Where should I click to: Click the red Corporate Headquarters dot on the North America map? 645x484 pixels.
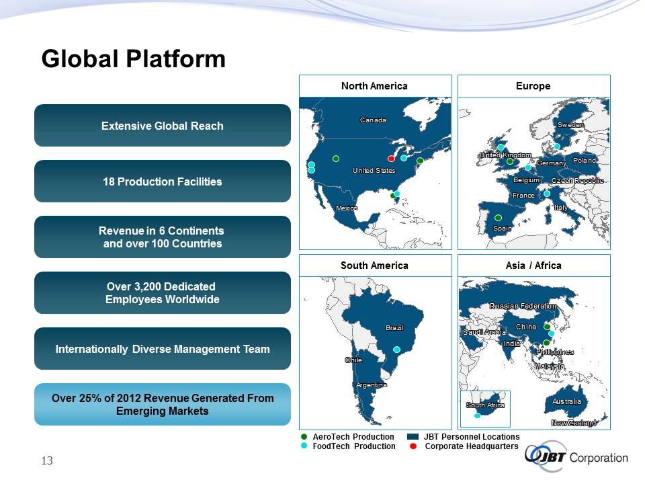pyautogui.click(x=391, y=159)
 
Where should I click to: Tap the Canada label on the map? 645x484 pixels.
pyautogui.click(x=373, y=120)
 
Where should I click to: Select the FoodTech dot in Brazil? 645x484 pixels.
pyautogui.click(x=396, y=350)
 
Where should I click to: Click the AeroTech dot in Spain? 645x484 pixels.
pyautogui.click(x=498, y=218)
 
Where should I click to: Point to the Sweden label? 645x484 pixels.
pyautogui.click(x=570, y=125)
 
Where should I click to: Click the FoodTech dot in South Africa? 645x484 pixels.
pyautogui.click(x=477, y=415)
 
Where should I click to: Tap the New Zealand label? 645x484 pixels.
pyautogui.click(x=574, y=423)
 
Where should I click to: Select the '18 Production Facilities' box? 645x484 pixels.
pyautogui.click(x=163, y=181)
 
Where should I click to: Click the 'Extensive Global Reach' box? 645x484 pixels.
pyautogui.click(x=163, y=126)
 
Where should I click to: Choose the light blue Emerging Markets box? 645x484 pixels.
pyautogui.click(x=163, y=404)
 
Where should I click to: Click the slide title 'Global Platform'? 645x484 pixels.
pyautogui.click(x=134, y=58)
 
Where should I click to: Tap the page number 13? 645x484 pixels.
pyautogui.click(x=47, y=460)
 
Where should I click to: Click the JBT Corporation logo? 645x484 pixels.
pyautogui.click(x=576, y=457)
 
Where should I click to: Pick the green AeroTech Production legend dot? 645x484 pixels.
pyautogui.click(x=304, y=437)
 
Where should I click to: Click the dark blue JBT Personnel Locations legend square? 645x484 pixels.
pyautogui.click(x=413, y=437)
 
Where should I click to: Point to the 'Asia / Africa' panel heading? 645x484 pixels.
pyautogui.click(x=533, y=266)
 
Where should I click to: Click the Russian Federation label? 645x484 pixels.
pyautogui.click(x=523, y=306)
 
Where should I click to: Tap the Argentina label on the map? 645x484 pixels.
pyautogui.click(x=372, y=385)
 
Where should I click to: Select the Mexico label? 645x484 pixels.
pyautogui.click(x=347, y=208)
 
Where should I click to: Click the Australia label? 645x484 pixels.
pyautogui.click(x=566, y=401)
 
